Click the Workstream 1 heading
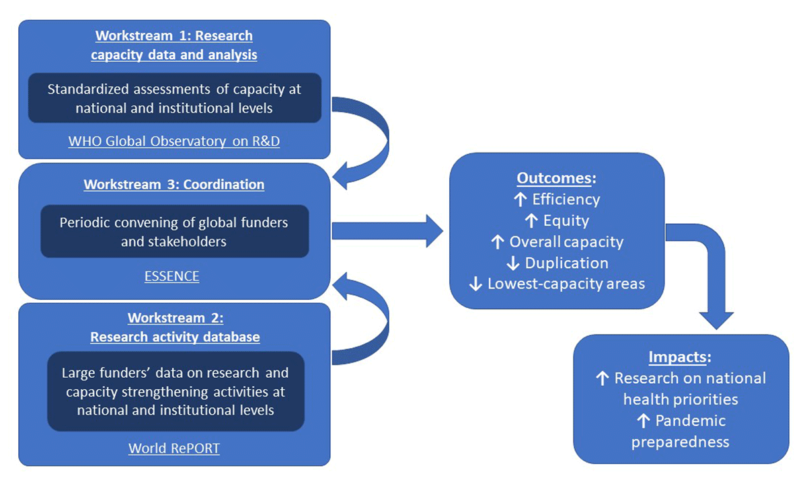point(174,45)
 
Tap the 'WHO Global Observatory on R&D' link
point(174,142)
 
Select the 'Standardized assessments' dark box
point(174,98)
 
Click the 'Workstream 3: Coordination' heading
point(174,184)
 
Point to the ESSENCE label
point(171,276)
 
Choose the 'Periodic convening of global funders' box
point(174,231)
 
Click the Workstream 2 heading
point(175,327)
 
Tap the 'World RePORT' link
point(174,448)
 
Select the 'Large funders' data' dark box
point(175,391)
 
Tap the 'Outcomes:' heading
point(555,178)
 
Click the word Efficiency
point(566,199)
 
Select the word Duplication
point(566,262)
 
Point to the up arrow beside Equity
point(531,220)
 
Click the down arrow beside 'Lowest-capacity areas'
point(475,284)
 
